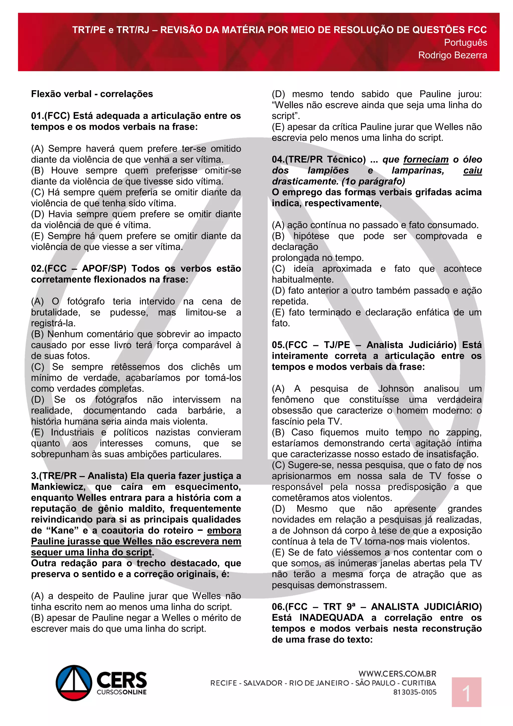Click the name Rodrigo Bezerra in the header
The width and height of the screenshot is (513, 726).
452,55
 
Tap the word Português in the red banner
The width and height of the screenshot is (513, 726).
465,43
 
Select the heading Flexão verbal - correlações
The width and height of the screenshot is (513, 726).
92,94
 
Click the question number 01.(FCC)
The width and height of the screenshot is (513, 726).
50,116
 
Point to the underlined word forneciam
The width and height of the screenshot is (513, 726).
426,160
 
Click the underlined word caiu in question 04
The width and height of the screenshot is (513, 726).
473,171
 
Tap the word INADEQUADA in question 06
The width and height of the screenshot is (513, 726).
331,617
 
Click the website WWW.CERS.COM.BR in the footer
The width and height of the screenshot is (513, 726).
397,674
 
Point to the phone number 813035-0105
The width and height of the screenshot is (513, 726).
415,692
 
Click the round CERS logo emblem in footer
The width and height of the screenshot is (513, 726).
74,683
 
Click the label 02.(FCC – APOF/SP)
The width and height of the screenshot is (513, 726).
79,269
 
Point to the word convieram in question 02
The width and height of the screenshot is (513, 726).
219,432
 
